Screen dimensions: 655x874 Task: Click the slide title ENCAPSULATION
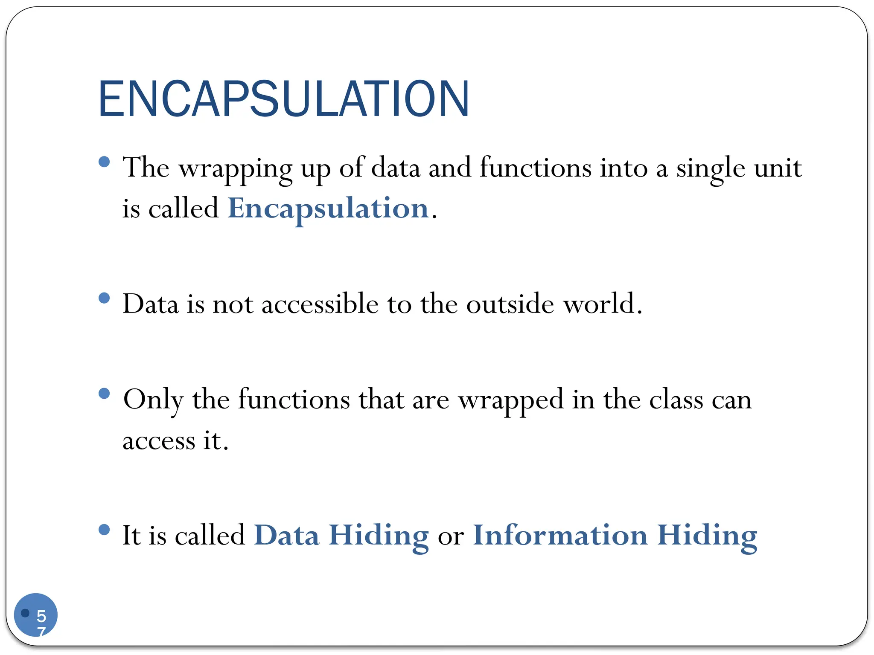coord(284,99)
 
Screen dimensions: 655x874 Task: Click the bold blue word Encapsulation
coord(328,209)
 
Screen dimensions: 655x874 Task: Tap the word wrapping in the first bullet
coord(235,168)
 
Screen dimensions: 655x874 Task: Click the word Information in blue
coord(560,535)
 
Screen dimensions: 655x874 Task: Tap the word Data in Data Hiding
coord(286,535)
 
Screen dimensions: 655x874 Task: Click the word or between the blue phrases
coord(451,536)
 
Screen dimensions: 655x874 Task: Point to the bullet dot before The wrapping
coord(104,162)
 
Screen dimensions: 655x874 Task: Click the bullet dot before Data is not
coord(104,298)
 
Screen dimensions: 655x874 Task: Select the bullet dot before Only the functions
coord(104,393)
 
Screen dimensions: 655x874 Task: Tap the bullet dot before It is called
coord(104,530)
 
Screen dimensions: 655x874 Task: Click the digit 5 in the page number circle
coord(41,616)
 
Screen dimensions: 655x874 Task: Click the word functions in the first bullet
coord(535,168)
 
